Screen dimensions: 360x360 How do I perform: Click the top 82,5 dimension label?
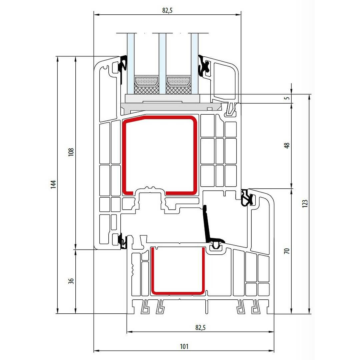coord(167,10)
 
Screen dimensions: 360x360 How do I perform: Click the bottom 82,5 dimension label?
coord(200,327)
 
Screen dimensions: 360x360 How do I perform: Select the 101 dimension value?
coord(184,346)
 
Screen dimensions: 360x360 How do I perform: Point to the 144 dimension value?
coord(53,185)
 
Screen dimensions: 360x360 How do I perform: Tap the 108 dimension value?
coord(71,152)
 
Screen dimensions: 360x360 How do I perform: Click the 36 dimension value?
coord(71,281)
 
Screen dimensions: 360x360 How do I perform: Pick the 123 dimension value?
coord(305,204)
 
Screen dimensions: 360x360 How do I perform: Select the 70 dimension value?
coord(287,251)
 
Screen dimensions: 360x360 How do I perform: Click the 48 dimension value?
coord(287,145)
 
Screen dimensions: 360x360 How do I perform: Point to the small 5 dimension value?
coord(287,98)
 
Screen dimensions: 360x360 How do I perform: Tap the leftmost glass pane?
coord(131,63)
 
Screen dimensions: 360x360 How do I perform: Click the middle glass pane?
coord(162,63)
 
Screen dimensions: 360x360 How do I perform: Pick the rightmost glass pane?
coord(194,63)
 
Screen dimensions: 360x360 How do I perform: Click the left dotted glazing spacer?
coord(146,80)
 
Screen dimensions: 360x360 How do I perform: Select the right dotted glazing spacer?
coord(178,80)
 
